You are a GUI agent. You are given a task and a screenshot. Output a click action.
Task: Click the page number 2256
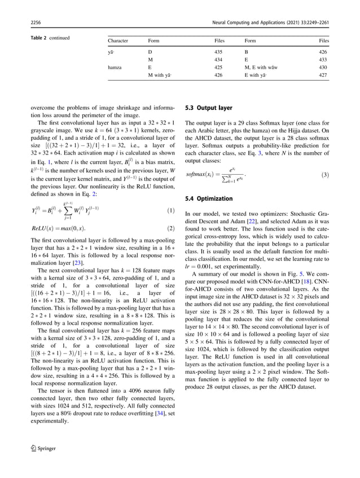(x=35, y=22)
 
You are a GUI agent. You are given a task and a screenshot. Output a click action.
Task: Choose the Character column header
(x=118, y=41)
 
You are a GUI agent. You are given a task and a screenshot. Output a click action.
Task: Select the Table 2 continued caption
(x=49, y=38)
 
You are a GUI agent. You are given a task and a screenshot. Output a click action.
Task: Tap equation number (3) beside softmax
(x=324, y=175)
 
